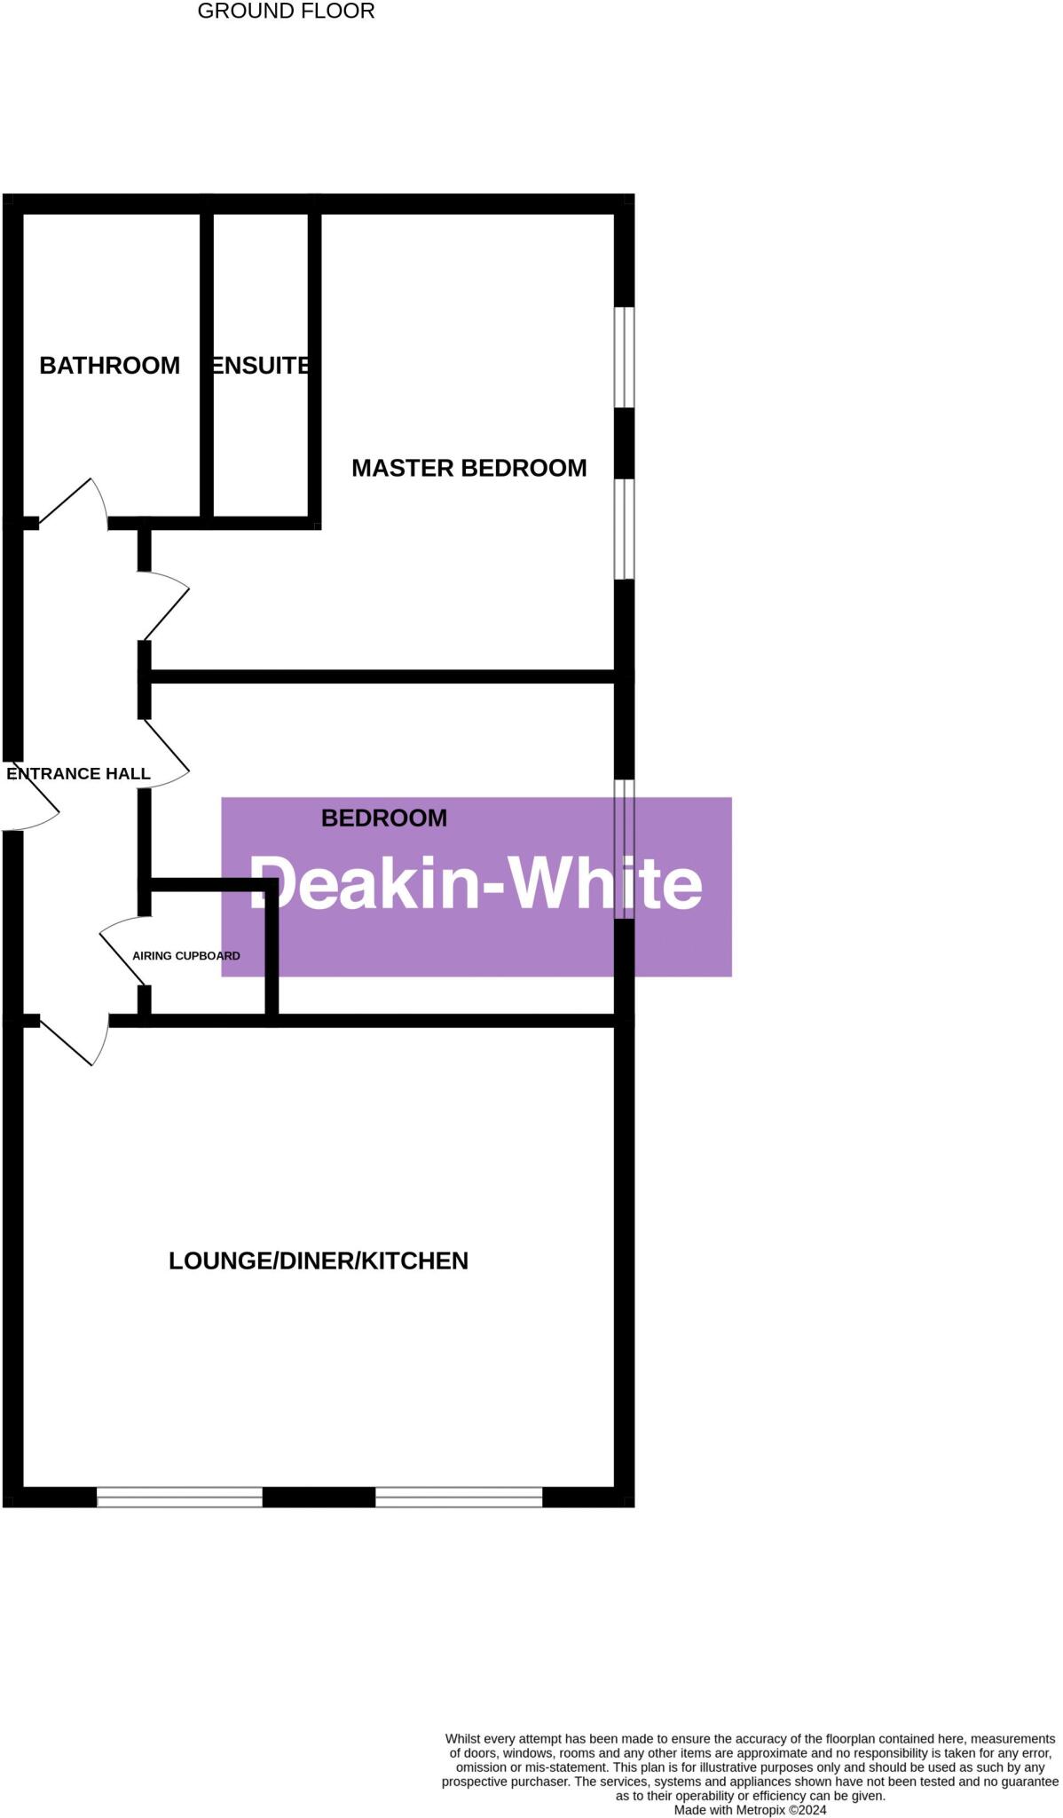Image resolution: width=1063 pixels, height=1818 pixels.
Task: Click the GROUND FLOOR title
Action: coord(286,12)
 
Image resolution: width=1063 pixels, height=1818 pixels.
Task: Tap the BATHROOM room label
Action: coord(110,365)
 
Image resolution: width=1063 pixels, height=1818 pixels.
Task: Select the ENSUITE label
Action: coord(261,365)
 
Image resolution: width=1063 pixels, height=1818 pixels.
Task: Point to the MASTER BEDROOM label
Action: coord(469,468)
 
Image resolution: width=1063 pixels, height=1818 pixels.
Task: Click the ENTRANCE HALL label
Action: coord(78,773)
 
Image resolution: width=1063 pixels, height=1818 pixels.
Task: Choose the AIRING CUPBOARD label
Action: coord(186,956)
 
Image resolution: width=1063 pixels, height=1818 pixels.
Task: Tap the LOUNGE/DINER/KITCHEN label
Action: coord(318,1261)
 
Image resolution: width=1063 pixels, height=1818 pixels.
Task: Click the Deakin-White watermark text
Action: coord(476,883)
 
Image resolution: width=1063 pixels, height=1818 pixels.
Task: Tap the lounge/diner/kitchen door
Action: coord(75,1043)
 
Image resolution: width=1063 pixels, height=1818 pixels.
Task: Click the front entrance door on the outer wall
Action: coord(32,797)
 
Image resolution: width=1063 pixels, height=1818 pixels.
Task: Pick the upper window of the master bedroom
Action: coord(625,357)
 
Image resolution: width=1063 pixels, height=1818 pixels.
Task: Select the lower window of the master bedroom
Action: coord(625,529)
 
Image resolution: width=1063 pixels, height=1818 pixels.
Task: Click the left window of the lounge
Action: coord(179,1497)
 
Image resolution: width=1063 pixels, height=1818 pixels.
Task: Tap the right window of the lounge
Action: coord(459,1497)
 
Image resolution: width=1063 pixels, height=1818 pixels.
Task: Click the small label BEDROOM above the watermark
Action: coord(383,818)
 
